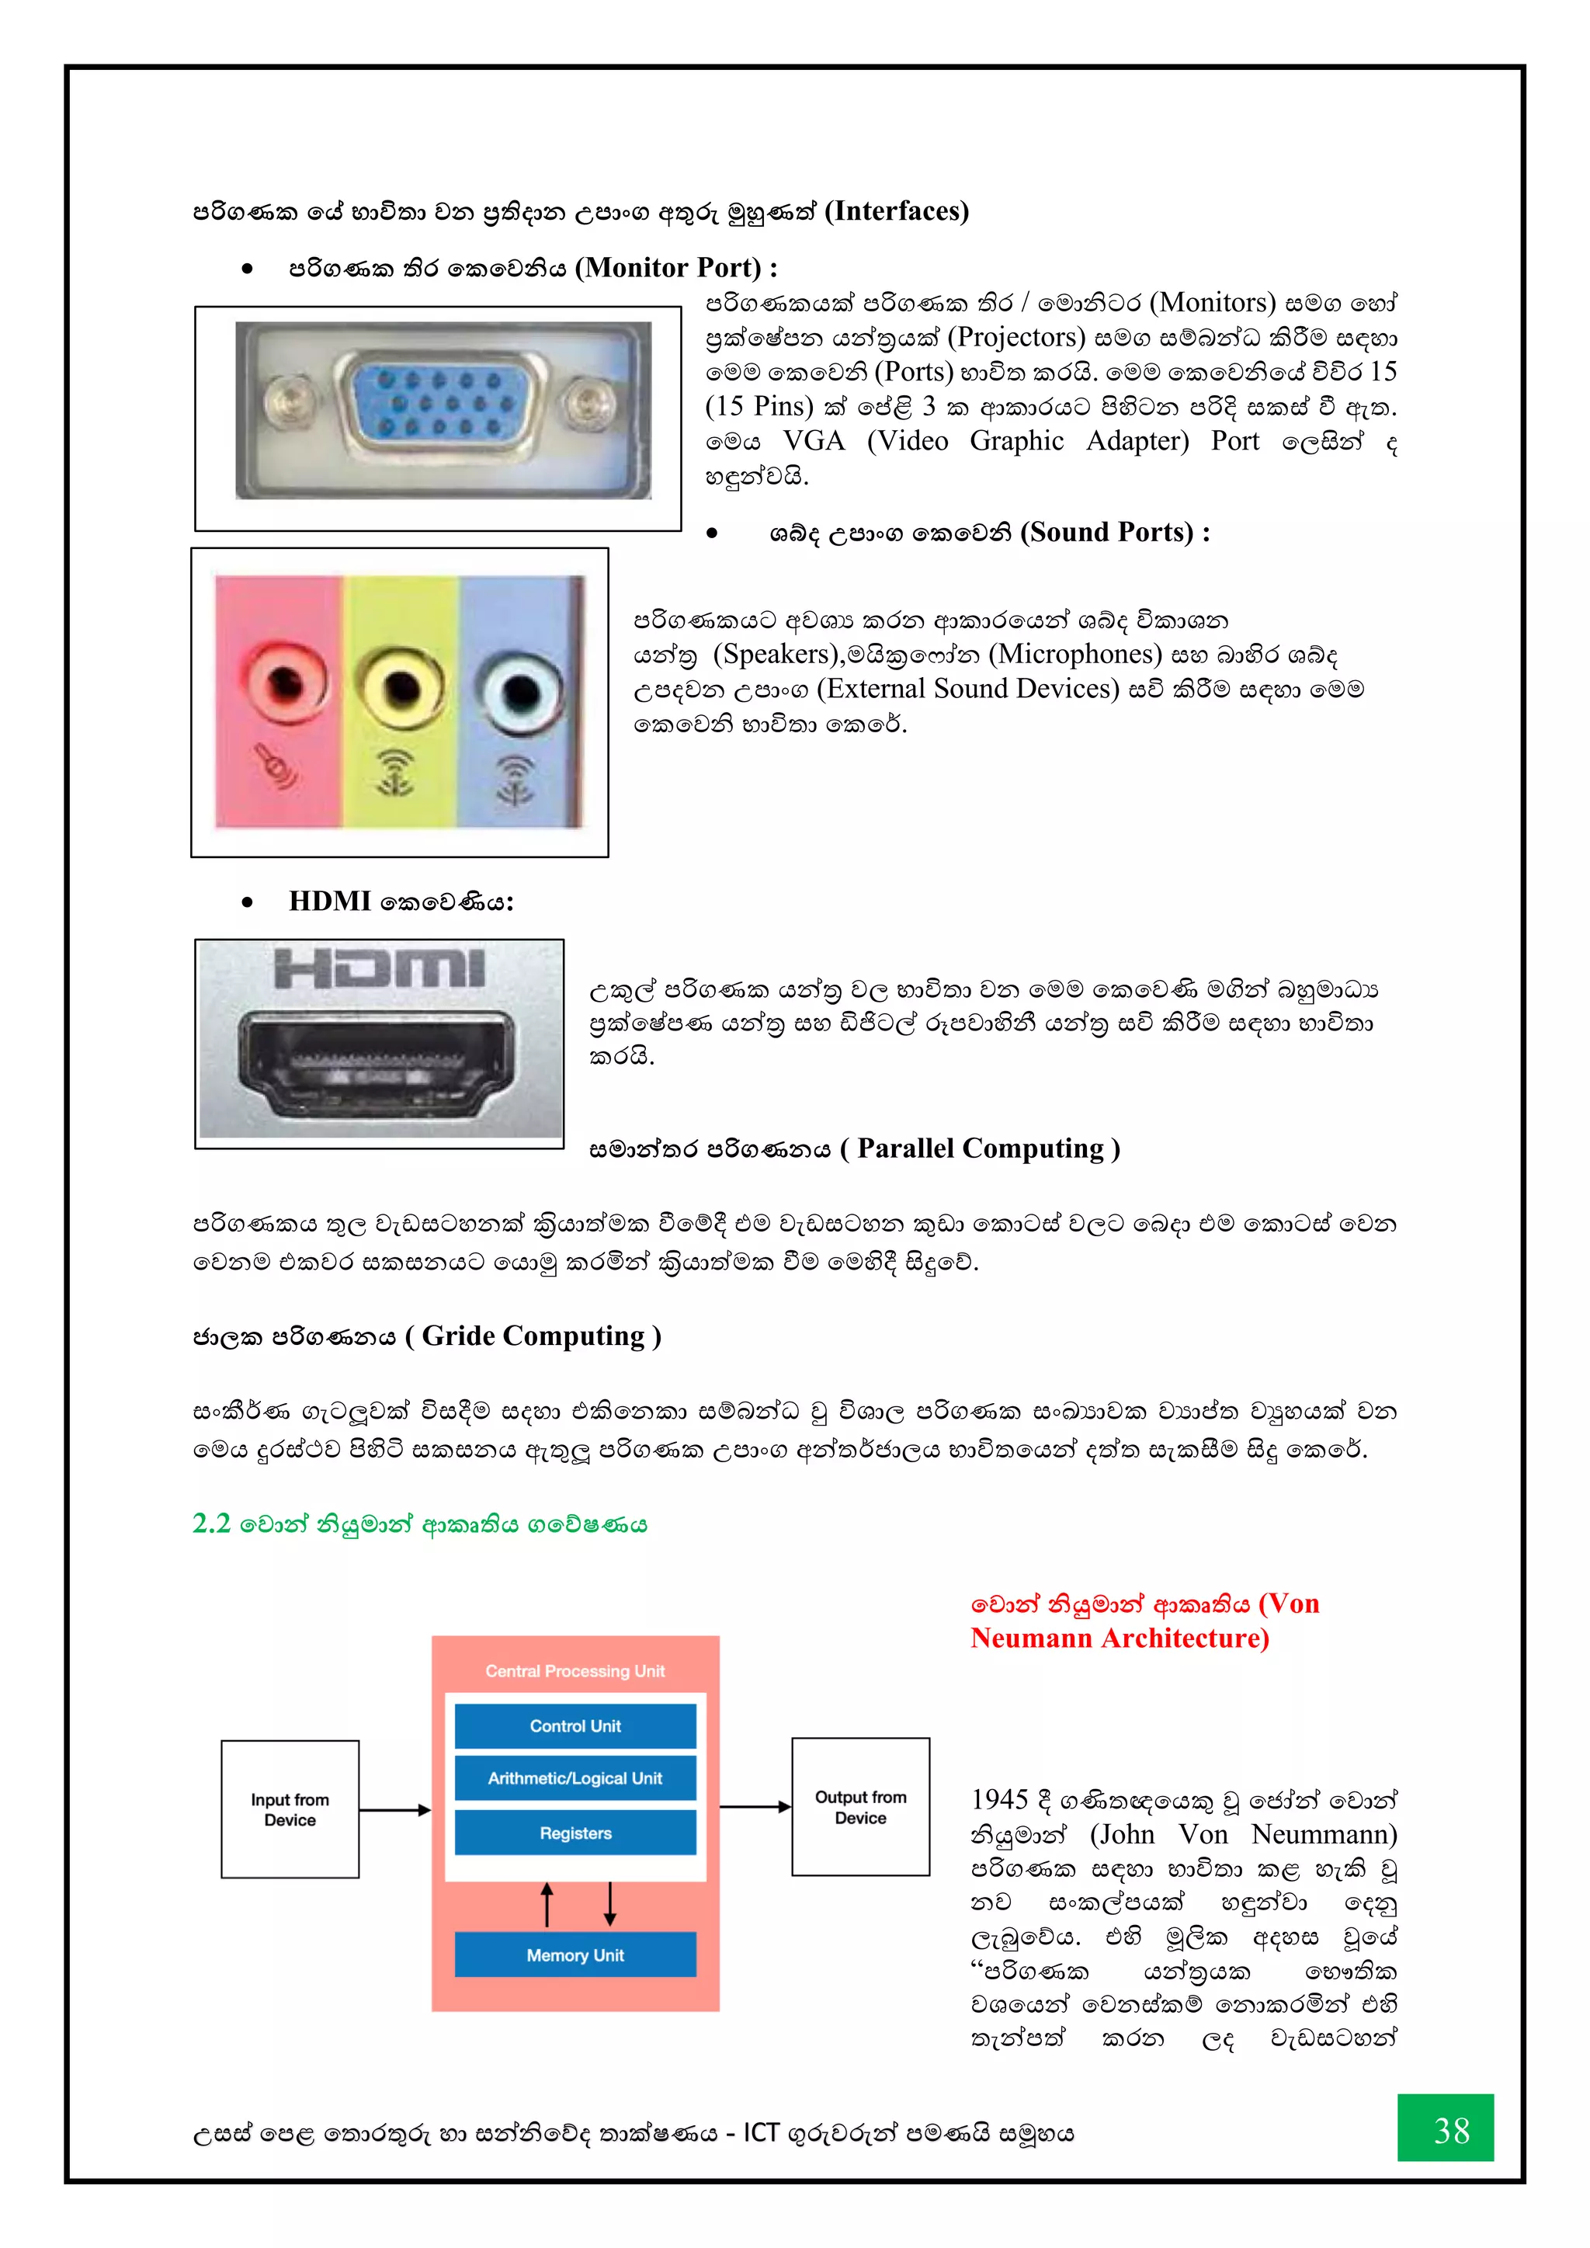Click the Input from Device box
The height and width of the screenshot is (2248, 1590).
tap(290, 1809)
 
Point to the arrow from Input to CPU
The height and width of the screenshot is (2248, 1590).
tap(394, 1810)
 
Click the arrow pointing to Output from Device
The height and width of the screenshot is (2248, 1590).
tap(755, 1806)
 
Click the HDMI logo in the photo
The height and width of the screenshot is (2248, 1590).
tap(379, 968)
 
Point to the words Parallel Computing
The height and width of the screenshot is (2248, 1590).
tap(980, 1148)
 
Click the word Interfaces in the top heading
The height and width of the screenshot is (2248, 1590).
tap(896, 211)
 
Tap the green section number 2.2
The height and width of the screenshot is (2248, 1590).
tap(211, 1524)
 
